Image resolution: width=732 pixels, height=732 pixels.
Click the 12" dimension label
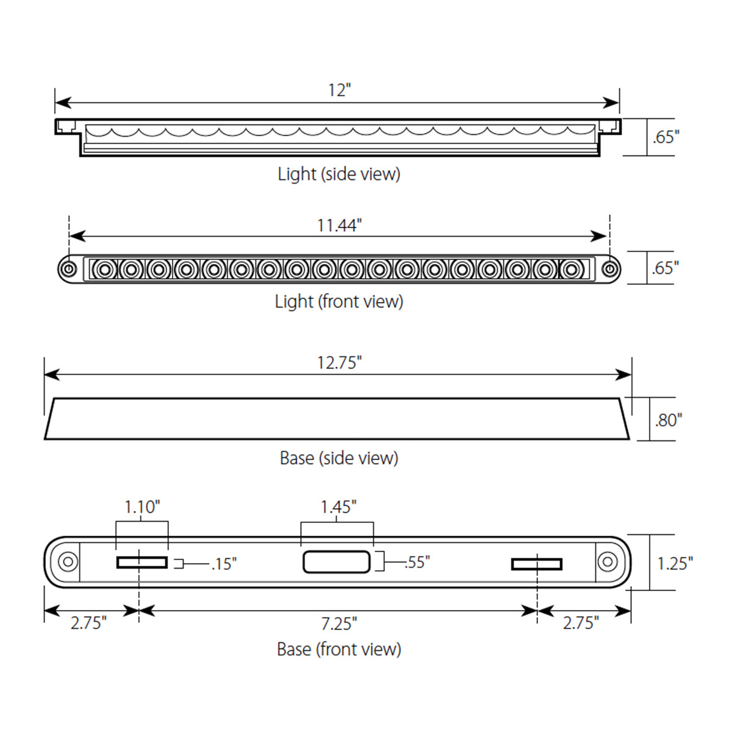[339, 90]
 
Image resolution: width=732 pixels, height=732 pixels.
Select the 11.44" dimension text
[339, 226]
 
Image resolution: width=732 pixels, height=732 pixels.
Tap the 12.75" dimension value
[339, 363]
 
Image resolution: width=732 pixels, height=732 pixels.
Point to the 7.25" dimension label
[339, 623]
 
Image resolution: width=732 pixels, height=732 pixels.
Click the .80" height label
[669, 420]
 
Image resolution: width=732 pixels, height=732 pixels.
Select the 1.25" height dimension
[675, 563]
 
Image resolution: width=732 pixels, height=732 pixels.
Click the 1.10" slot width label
[142, 507]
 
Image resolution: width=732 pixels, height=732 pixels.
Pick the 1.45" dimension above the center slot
[339, 507]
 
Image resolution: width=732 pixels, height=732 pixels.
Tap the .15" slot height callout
[223, 564]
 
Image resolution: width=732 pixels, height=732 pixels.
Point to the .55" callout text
[417, 562]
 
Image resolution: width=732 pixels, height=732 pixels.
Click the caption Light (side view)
[339, 174]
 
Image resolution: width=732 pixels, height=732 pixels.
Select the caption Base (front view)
[339, 649]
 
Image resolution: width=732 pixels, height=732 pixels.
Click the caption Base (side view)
[339, 458]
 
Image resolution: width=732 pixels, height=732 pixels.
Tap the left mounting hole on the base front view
[67, 562]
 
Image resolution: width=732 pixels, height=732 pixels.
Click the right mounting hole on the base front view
[607, 562]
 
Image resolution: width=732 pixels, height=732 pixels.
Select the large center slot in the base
[337, 562]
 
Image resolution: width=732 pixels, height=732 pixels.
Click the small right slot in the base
[537, 564]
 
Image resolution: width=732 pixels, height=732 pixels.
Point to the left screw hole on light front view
[69, 269]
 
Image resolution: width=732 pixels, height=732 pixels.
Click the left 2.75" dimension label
[88, 623]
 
